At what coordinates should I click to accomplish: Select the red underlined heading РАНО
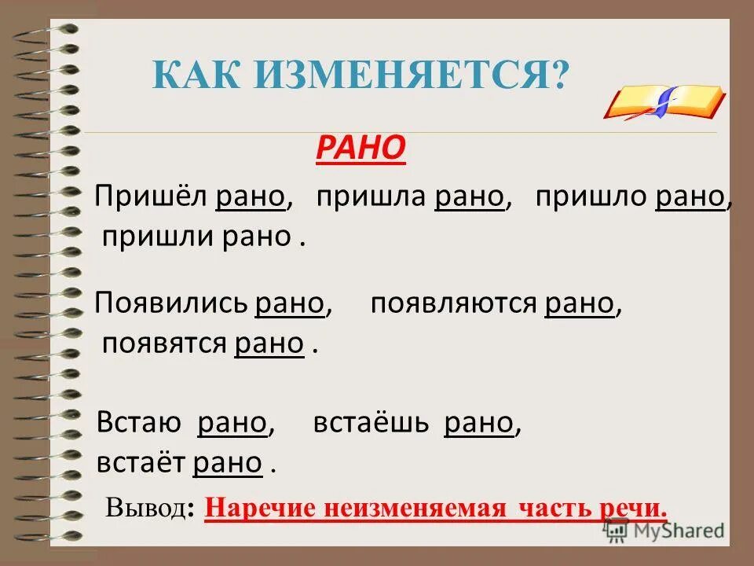[361, 147]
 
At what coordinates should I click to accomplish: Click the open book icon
[664, 101]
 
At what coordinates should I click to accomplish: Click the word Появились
[170, 304]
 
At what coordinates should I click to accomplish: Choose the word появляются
[452, 304]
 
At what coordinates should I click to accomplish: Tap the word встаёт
[141, 463]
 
